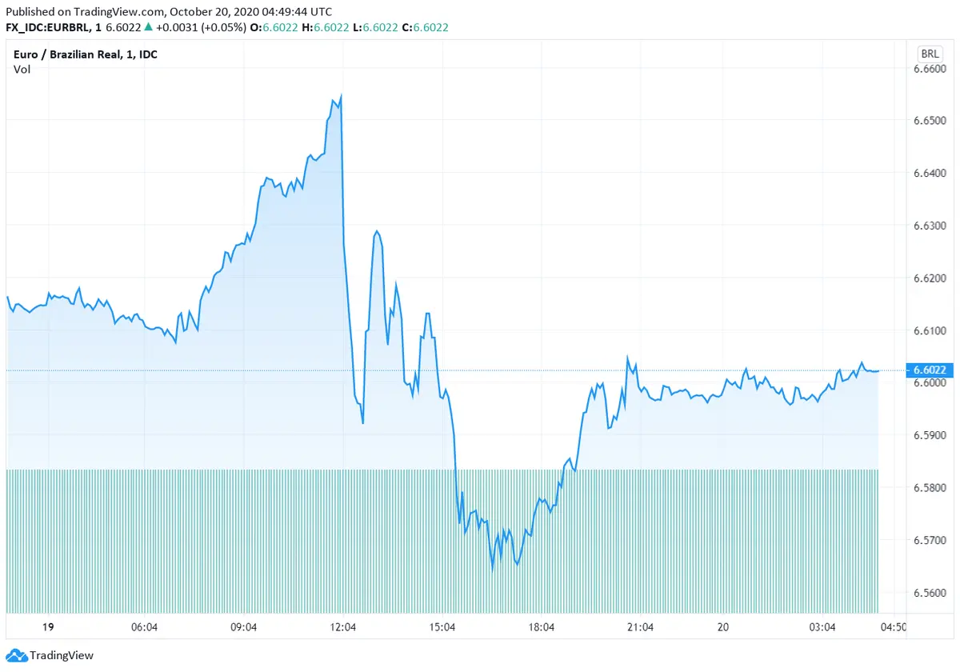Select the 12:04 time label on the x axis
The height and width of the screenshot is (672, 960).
342,628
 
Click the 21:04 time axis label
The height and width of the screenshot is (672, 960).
641,628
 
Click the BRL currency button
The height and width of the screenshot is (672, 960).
930,54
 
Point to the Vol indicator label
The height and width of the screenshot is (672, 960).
22,69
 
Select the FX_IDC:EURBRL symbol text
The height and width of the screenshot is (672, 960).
47,27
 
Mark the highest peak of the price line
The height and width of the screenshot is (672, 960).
342,96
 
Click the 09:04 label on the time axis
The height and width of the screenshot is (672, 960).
243,628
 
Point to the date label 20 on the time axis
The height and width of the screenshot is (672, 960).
723,628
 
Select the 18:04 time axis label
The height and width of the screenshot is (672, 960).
542,628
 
